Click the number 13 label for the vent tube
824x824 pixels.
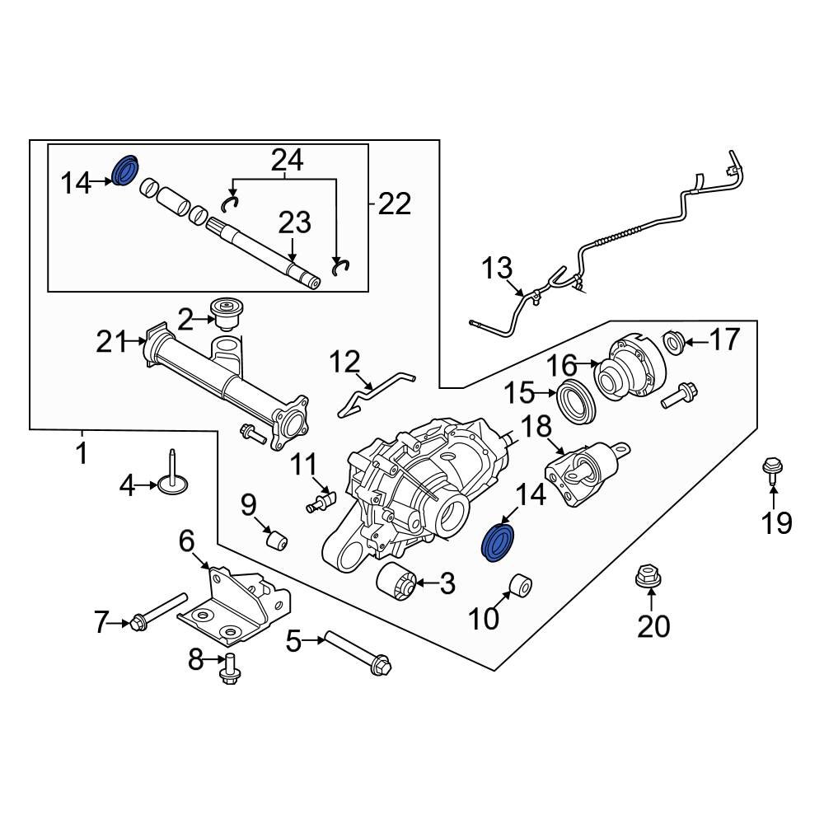497,269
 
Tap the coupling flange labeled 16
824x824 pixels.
630,368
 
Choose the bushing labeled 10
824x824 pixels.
519,587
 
